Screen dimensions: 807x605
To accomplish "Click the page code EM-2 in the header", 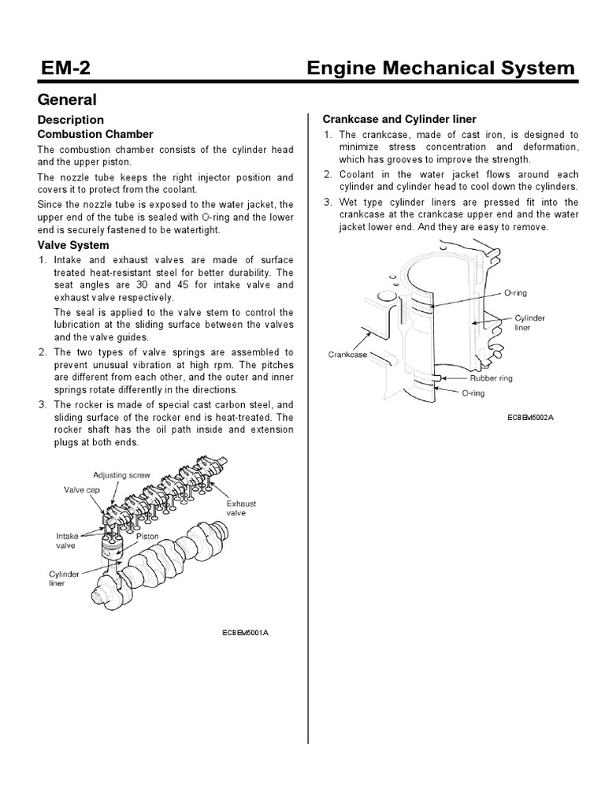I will click(x=65, y=68).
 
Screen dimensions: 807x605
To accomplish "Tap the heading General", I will click(x=68, y=100).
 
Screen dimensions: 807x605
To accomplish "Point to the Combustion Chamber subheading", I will click(x=95, y=134).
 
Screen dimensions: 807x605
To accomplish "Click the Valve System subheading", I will click(x=74, y=245).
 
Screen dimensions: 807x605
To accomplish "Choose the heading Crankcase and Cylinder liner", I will click(x=399, y=119).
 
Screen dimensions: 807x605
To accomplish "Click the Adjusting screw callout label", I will click(x=121, y=475).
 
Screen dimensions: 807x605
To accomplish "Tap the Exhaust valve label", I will click(x=241, y=508).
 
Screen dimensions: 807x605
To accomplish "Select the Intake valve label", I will click(x=65, y=540).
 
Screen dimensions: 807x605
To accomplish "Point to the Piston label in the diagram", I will click(x=147, y=535).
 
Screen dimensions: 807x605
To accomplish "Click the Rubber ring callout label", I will click(x=491, y=378).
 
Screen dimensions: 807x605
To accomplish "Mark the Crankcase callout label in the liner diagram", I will click(x=348, y=355).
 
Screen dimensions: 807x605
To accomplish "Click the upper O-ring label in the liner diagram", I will click(x=514, y=292).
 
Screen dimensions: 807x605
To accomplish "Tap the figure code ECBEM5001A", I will click(x=246, y=633).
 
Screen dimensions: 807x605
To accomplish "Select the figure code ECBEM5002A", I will click(x=531, y=416).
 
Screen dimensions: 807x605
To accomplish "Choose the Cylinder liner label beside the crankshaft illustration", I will click(x=65, y=580).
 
